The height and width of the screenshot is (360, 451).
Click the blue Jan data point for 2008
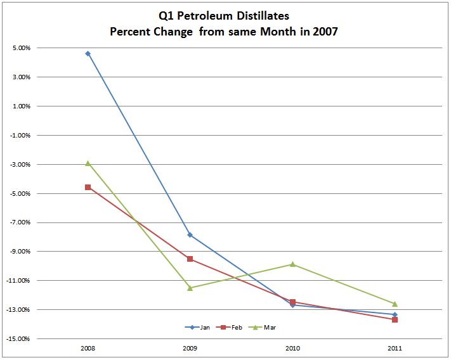click(88, 54)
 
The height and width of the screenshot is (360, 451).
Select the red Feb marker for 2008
click(88, 188)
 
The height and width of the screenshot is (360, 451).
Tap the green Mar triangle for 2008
click(88, 164)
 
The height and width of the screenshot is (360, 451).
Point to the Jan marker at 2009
click(190, 235)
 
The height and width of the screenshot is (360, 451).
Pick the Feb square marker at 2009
click(190, 259)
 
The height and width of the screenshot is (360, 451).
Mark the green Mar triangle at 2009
click(190, 288)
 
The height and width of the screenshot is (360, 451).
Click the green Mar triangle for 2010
click(292, 264)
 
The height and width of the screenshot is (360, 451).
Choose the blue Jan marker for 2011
click(395, 314)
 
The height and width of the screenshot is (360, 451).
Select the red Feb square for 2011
click(395, 319)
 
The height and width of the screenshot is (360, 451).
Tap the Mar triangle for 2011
click(395, 304)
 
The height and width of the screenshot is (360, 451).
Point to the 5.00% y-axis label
click(20, 48)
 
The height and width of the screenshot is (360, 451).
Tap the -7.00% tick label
click(18, 222)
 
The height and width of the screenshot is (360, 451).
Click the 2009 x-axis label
click(190, 349)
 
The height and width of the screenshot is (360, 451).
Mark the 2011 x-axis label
click(395, 349)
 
